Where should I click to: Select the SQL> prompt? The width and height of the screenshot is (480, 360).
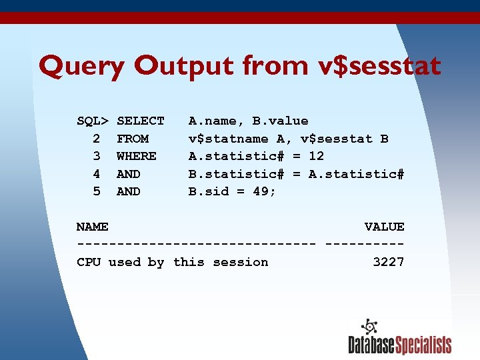click(93, 121)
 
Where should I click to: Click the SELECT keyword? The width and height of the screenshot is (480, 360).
click(140, 121)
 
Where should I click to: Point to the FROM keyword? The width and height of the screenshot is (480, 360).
click(133, 139)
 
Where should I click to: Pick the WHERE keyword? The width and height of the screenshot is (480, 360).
click(137, 156)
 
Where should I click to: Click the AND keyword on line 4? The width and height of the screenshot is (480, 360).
click(129, 174)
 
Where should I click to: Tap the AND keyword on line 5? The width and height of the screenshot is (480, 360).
click(129, 191)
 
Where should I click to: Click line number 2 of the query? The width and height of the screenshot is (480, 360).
click(97, 139)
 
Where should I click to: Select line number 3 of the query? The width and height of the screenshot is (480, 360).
click(97, 156)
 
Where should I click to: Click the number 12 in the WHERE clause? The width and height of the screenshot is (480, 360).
click(316, 156)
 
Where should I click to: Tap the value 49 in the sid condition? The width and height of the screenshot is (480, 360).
click(264, 191)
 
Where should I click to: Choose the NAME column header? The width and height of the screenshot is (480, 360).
click(93, 227)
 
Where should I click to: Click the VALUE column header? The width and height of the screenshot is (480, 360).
click(384, 227)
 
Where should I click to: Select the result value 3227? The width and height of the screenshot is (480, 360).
click(388, 262)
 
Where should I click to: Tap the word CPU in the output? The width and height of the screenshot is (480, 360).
click(89, 262)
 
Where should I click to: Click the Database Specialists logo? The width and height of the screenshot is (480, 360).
click(399, 337)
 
